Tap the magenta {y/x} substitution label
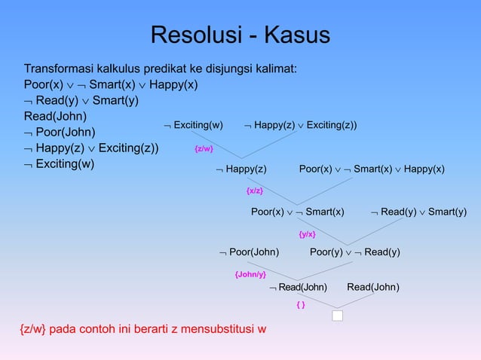[x=307, y=234]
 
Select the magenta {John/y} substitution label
[x=250, y=274]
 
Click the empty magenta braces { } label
[x=300, y=305]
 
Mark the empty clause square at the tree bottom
[x=337, y=315]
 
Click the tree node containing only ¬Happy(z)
[x=241, y=169]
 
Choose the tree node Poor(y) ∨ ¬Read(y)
[x=354, y=252]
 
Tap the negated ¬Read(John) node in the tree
[x=299, y=287]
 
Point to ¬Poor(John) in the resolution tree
[x=249, y=252]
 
